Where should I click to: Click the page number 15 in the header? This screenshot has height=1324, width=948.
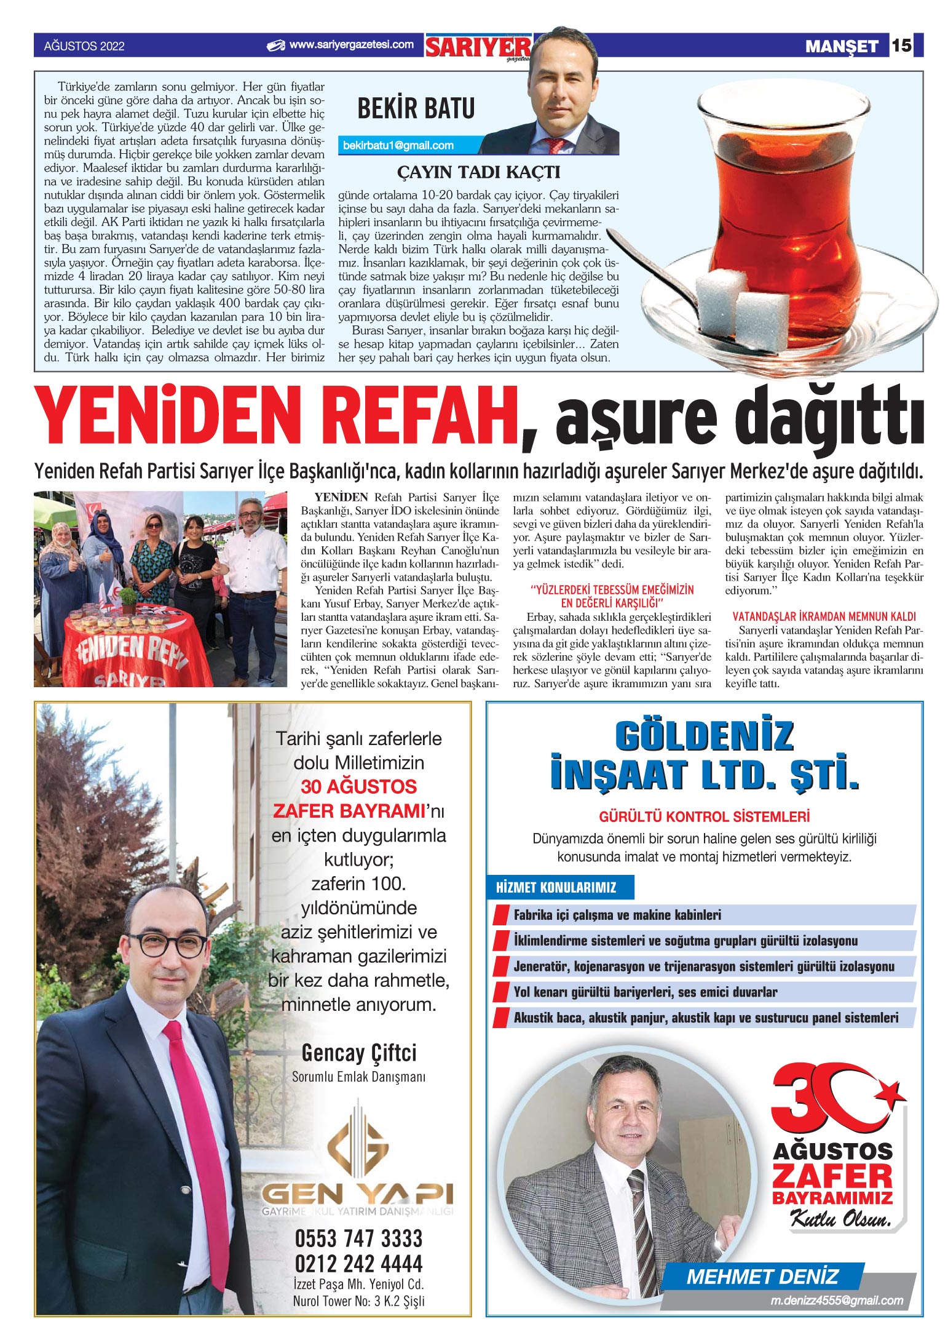point(901,46)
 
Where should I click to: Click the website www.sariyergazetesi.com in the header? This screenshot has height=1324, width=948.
point(351,45)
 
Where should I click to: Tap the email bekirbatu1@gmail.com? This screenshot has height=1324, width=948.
point(398,146)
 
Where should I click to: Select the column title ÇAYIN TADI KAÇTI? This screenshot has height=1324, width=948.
point(478,172)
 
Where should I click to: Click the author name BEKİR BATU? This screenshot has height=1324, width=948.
point(416,109)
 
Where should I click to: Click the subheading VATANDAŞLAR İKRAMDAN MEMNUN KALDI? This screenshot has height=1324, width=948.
point(824,616)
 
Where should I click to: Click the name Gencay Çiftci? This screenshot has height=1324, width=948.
point(358,1053)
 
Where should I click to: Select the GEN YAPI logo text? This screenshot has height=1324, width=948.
point(357,1194)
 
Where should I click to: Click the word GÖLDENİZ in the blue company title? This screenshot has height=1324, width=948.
point(704,736)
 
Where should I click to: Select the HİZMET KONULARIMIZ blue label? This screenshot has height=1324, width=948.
point(556,887)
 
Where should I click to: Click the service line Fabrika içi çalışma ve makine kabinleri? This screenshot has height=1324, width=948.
point(617,915)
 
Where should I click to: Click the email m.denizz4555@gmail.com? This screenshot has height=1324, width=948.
point(837,1301)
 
